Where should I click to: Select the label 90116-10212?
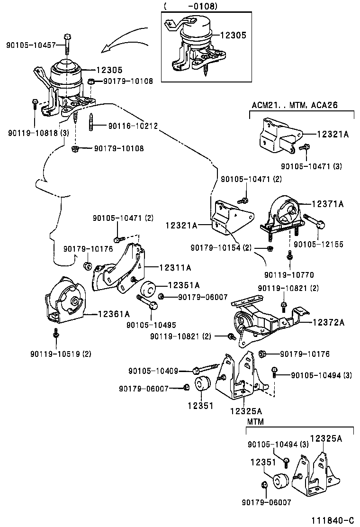click(x=133, y=126)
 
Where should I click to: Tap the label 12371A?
click(x=327, y=204)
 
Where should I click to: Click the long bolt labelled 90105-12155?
click(x=314, y=220)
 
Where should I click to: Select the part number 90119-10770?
click(x=289, y=274)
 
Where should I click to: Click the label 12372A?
click(x=328, y=323)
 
